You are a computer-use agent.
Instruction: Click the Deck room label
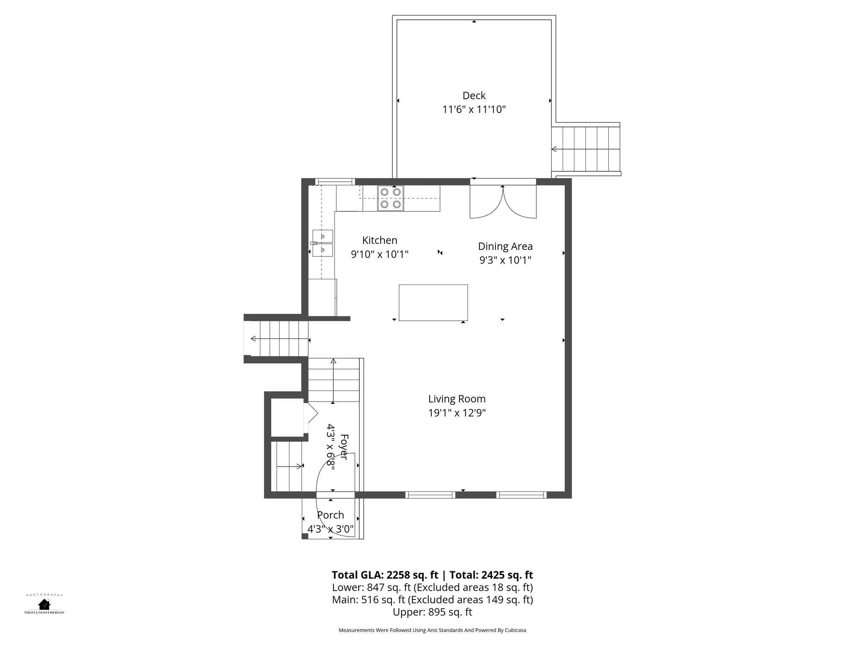pyautogui.click(x=474, y=96)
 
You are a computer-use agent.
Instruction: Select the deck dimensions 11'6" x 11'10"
pyautogui.click(x=474, y=110)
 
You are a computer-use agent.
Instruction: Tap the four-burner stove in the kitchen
pyautogui.click(x=390, y=198)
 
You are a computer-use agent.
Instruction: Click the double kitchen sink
pyautogui.click(x=323, y=243)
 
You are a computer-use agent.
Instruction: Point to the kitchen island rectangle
pyautogui.click(x=433, y=302)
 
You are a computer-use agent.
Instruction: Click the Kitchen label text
pyautogui.click(x=380, y=240)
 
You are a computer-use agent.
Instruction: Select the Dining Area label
pyautogui.click(x=505, y=246)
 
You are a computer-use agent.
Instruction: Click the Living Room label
pyautogui.click(x=457, y=399)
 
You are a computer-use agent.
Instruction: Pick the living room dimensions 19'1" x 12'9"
pyautogui.click(x=457, y=413)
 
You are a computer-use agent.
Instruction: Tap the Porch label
pyautogui.click(x=330, y=515)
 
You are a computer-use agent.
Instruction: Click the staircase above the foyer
pyautogui.click(x=333, y=380)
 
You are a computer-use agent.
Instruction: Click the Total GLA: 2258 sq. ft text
pyautogui.click(x=385, y=575)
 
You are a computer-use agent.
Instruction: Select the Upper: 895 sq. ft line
pyautogui.click(x=432, y=612)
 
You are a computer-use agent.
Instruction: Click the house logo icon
pyautogui.click(x=44, y=604)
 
